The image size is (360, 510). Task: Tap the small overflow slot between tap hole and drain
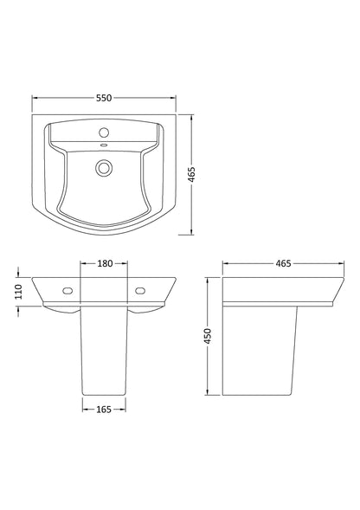click(x=103, y=147)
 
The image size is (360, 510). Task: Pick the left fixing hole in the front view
click(x=65, y=290)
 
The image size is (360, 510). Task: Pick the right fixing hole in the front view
click(x=141, y=290)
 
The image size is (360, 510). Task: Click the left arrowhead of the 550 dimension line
click(x=35, y=98)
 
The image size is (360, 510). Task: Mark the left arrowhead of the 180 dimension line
click(x=82, y=262)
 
